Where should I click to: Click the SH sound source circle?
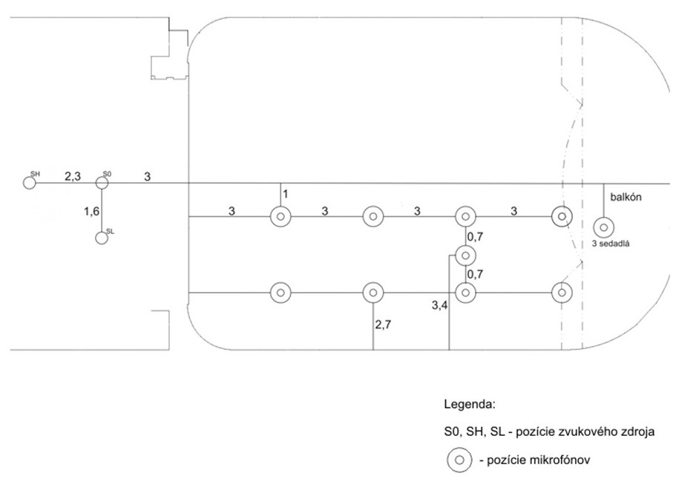tap(30, 183)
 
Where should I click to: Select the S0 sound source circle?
tap(102, 183)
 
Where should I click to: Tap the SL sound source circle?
tap(102, 238)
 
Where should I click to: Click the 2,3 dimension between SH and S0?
tap(72, 176)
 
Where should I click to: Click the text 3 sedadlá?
tap(611, 243)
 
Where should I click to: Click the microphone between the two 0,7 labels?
tap(465, 255)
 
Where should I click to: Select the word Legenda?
tap(468, 406)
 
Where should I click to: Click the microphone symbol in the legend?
tap(459, 460)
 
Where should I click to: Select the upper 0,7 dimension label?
tap(474, 237)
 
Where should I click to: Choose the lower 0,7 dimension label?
tap(474, 274)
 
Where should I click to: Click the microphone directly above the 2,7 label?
tap(372, 293)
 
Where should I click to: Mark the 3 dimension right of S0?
tap(147, 176)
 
